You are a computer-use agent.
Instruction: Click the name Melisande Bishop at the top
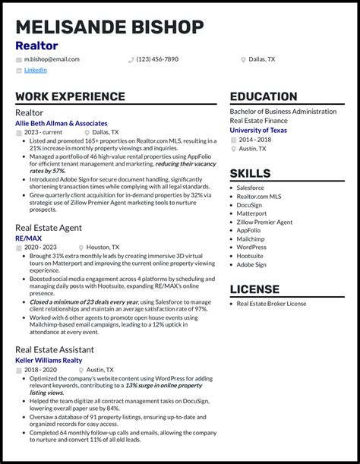pyautogui.click(x=109, y=27)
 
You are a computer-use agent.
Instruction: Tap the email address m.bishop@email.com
pyautogui.click(x=52, y=59)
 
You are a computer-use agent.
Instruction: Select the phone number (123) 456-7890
pyautogui.click(x=157, y=59)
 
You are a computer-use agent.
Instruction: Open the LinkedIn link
pyautogui.click(x=35, y=70)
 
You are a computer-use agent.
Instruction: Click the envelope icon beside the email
pyautogui.click(x=19, y=59)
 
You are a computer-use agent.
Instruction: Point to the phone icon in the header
pyautogui.click(x=131, y=59)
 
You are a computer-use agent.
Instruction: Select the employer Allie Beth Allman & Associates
pyautogui.click(x=62, y=123)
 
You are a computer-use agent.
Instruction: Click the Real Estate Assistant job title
pyautogui.click(x=55, y=349)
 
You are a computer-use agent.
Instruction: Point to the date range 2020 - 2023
pyautogui.click(x=40, y=248)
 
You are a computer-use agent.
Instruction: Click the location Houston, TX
pyautogui.click(x=103, y=248)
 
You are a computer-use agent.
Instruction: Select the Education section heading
pyautogui.click(x=264, y=96)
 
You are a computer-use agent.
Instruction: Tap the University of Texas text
pyautogui.click(x=258, y=130)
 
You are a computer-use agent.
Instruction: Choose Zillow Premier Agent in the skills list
pyautogui.click(x=264, y=223)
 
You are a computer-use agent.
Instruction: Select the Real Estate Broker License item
pyautogui.click(x=271, y=304)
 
